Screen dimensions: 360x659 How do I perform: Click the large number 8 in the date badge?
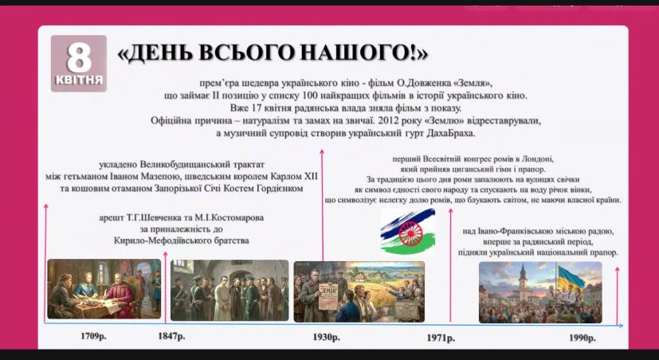pyautogui.click(x=78, y=58)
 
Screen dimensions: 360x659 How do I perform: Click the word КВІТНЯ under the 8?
pyautogui.click(x=79, y=80)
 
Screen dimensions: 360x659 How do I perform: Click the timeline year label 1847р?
pyautogui.click(x=171, y=338)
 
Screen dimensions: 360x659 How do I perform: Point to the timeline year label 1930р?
pyautogui.click(x=326, y=338)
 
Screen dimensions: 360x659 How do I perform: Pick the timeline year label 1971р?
pyautogui.click(x=442, y=338)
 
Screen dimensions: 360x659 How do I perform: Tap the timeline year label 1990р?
pyautogui.click(x=583, y=338)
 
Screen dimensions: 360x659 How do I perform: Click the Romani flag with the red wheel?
pyautogui.click(x=406, y=233)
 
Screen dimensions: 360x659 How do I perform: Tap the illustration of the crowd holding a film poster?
pyautogui.click(x=359, y=291)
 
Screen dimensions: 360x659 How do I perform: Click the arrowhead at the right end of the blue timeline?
pyautogui.click(x=621, y=325)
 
